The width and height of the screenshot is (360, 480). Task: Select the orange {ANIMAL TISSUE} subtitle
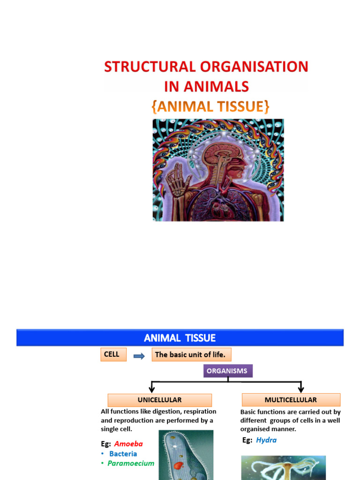(x=210, y=106)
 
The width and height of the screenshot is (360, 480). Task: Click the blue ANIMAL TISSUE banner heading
(x=180, y=337)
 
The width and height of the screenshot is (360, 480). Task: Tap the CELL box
(x=112, y=354)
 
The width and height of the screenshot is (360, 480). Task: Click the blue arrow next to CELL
(x=139, y=356)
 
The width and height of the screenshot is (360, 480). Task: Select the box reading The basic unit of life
(x=191, y=355)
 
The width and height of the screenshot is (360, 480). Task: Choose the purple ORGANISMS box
(x=227, y=371)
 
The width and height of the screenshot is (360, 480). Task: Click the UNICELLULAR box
(x=159, y=400)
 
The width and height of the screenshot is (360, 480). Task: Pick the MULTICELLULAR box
(x=291, y=400)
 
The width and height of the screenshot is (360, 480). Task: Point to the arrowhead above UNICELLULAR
(x=151, y=389)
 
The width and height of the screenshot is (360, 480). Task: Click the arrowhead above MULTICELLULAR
(x=301, y=389)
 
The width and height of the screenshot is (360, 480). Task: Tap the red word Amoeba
(x=128, y=443)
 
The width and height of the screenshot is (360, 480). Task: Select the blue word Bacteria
(x=123, y=454)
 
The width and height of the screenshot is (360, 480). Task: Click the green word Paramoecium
(x=131, y=463)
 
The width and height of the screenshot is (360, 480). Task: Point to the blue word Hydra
(x=266, y=440)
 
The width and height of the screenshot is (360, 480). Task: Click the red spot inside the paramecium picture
(x=179, y=465)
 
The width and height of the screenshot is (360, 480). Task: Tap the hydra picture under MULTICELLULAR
(x=283, y=467)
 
